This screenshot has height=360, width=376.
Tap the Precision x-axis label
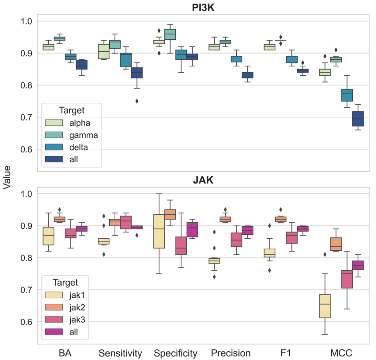pyautogui.click(x=230, y=353)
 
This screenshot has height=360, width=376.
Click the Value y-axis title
pyautogui.click(x=7, y=177)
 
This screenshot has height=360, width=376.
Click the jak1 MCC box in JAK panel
pyautogui.click(x=324, y=306)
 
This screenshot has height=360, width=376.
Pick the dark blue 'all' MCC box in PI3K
pyautogui.click(x=358, y=119)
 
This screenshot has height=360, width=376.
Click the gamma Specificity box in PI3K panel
pyautogui.click(x=170, y=34)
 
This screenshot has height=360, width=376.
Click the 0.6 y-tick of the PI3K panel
pyautogui.click(x=28, y=149)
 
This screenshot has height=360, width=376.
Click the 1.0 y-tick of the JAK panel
pyautogui.click(x=28, y=194)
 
